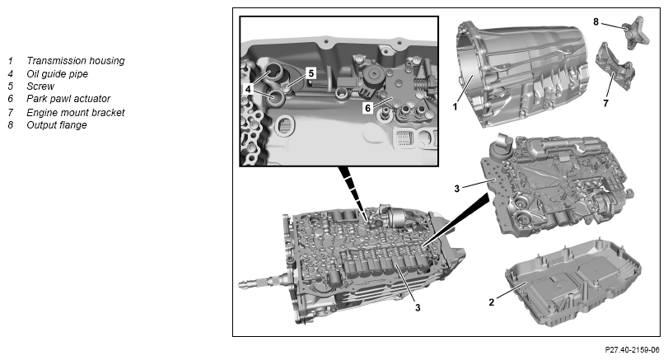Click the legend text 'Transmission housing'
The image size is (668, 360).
point(76,61)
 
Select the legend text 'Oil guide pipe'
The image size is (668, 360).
point(57,73)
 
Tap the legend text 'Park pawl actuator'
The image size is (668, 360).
point(68,99)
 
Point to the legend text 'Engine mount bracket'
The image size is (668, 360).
point(76,113)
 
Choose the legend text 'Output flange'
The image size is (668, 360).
point(57,125)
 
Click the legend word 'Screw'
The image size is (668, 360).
point(40,86)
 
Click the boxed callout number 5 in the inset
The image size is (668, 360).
point(311,73)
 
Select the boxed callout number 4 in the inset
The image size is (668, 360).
point(248,89)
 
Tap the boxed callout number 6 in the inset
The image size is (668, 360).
point(367,108)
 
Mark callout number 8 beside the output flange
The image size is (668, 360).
point(596,21)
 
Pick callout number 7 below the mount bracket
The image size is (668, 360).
point(605,103)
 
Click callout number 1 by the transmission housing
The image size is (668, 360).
point(455,106)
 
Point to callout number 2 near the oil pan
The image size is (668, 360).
point(492,302)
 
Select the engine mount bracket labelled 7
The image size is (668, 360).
point(615,68)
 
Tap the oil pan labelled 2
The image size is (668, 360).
point(573,283)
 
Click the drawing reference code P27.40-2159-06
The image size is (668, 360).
point(633,350)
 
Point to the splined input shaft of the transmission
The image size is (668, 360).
point(264,283)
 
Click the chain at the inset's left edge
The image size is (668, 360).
point(252,116)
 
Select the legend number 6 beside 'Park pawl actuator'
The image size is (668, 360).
point(11,99)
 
